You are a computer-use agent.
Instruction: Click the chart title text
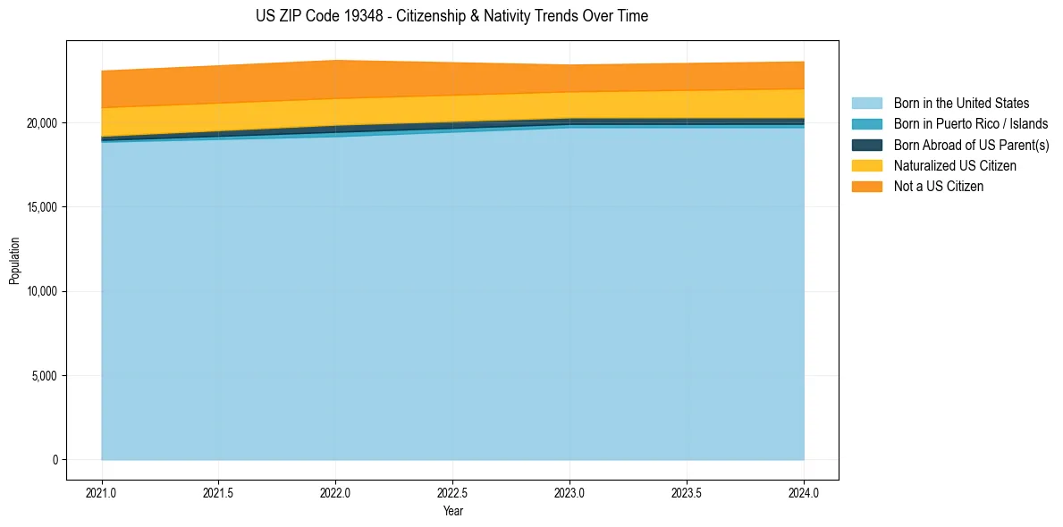451,16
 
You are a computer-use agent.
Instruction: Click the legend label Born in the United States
961,104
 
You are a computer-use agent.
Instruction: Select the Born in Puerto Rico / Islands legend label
971,124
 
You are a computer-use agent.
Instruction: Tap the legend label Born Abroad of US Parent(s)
971,145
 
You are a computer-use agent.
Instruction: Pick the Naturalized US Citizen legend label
955,166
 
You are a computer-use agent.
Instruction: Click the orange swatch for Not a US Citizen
866,187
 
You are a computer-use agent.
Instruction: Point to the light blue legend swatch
866,104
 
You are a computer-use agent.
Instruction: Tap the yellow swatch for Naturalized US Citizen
866,166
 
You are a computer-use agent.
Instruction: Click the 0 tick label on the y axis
55,460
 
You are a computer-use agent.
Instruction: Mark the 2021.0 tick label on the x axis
102,492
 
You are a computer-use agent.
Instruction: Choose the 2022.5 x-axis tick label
453,492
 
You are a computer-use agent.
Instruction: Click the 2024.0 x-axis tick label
804,492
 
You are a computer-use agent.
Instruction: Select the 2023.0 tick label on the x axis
569,492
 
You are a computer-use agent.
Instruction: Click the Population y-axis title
14,261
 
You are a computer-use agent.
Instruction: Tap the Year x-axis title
452,512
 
